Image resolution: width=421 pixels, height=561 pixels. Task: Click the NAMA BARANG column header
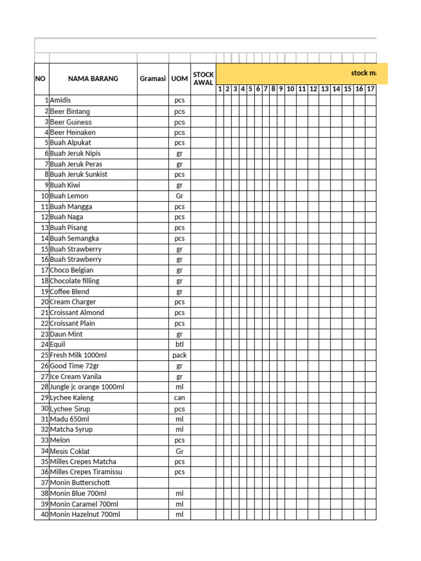click(x=93, y=78)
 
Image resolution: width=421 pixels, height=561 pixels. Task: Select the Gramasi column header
click(x=152, y=78)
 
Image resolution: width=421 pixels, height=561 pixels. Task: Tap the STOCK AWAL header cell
click(x=203, y=78)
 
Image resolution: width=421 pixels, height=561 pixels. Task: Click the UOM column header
click(x=179, y=78)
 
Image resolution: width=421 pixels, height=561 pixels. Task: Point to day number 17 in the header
click(x=371, y=89)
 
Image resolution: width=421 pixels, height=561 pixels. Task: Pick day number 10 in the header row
click(x=291, y=89)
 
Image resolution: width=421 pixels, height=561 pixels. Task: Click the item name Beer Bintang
click(x=70, y=111)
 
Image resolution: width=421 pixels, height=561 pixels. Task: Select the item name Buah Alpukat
click(x=71, y=142)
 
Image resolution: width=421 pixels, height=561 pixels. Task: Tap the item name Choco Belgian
click(x=71, y=270)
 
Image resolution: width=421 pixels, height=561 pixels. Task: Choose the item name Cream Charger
click(x=72, y=302)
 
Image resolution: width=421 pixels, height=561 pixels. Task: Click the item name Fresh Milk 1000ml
click(x=78, y=355)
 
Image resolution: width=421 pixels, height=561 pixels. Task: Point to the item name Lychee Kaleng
click(x=71, y=398)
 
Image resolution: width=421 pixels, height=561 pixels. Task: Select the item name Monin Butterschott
click(x=79, y=483)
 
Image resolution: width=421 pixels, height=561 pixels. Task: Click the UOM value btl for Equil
click(x=179, y=345)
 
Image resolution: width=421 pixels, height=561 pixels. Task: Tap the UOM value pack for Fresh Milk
click(x=179, y=355)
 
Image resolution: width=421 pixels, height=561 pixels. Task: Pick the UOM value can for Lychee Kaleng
click(x=179, y=398)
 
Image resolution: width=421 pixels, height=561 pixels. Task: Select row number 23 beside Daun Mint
click(x=44, y=334)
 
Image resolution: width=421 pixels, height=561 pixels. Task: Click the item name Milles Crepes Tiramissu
click(x=86, y=472)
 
